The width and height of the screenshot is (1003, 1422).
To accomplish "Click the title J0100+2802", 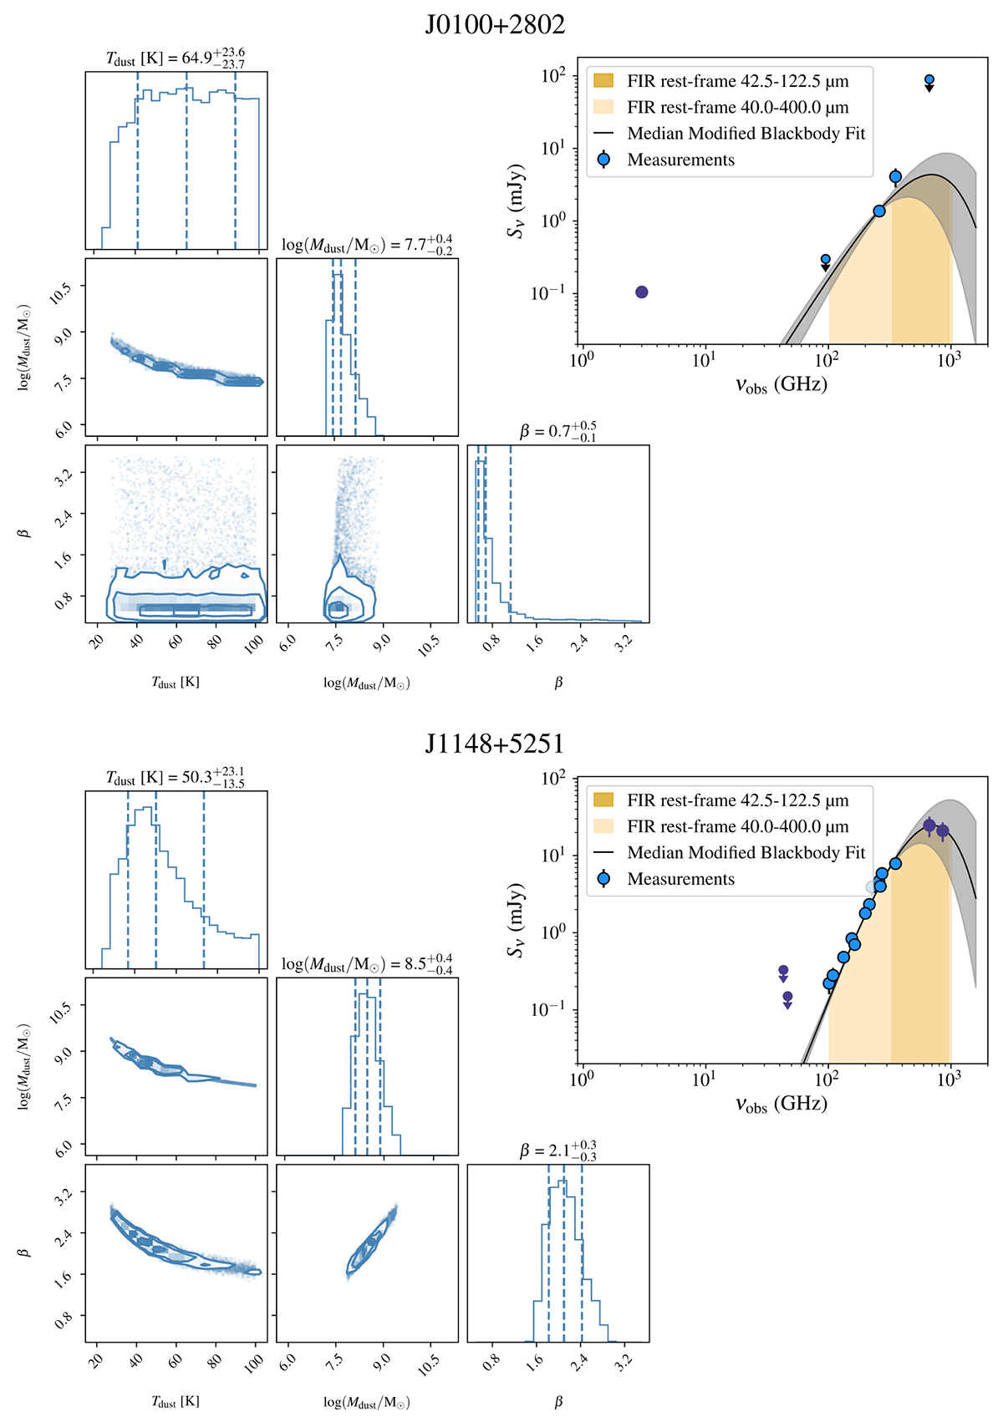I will [x=495, y=24].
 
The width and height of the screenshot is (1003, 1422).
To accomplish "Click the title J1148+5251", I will [x=495, y=744].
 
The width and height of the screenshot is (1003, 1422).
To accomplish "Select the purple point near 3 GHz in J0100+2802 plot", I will [x=641, y=292].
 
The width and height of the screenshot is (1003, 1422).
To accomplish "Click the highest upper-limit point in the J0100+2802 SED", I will [x=929, y=80].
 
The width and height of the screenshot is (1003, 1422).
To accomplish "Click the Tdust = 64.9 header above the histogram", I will [x=176, y=58].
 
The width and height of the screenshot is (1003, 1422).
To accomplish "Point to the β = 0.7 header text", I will [x=558, y=431].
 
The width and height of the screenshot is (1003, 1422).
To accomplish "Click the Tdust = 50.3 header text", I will [x=176, y=777].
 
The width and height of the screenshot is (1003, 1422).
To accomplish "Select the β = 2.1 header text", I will [x=558, y=1150].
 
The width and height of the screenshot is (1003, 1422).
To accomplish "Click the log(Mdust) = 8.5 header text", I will [x=367, y=964].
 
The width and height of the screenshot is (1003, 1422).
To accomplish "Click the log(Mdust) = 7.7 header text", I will [x=367, y=245].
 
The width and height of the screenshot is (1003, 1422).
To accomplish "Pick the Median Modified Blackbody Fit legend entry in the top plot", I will [x=746, y=134].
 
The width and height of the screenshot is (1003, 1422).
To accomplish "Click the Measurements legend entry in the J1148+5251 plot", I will [x=680, y=879].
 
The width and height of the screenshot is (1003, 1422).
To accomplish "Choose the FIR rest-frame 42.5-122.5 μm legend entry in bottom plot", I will [x=737, y=800].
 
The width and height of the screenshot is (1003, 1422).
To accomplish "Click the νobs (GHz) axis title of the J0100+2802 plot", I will [x=781, y=385].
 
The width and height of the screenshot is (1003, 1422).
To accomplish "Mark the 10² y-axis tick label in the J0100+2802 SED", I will [x=553, y=76].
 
